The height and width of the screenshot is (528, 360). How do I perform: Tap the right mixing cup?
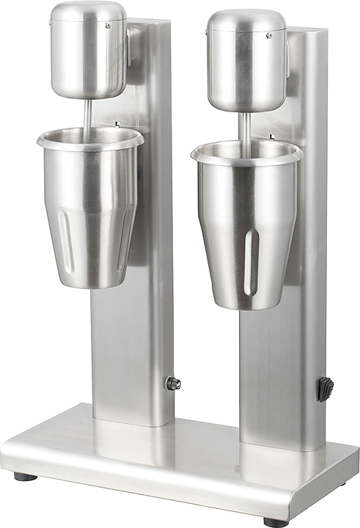pyautogui.click(x=246, y=220)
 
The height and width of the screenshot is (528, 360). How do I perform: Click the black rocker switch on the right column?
pyautogui.click(x=325, y=389)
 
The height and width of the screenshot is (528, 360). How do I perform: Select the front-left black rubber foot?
pyautogui.click(x=25, y=476)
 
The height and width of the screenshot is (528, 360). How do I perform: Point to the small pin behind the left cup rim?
pyautogui.click(x=116, y=124)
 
